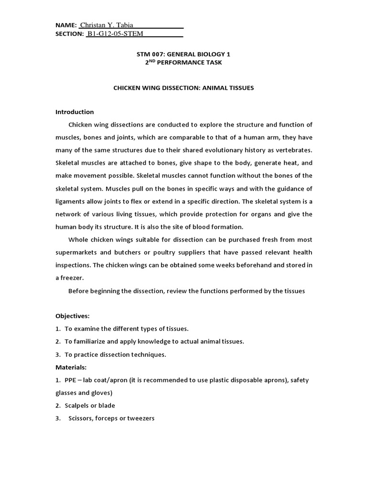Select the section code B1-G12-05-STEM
click(x=115, y=33)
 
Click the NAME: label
click(x=66, y=25)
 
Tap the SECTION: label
click(x=70, y=33)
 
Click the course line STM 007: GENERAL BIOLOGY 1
click(x=183, y=55)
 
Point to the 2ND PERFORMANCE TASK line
click(x=183, y=63)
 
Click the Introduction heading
click(x=75, y=112)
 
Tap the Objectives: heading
click(x=73, y=316)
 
